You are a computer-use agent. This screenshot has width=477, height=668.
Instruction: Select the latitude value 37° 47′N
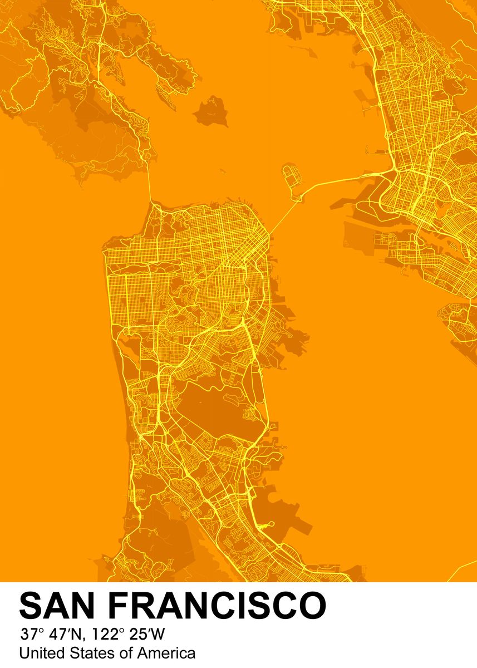click(x=50, y=633)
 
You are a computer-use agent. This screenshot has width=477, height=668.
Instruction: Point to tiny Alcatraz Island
click(x=222, y=171)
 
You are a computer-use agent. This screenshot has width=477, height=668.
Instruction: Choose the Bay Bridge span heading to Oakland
click(x=345, y=180)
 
